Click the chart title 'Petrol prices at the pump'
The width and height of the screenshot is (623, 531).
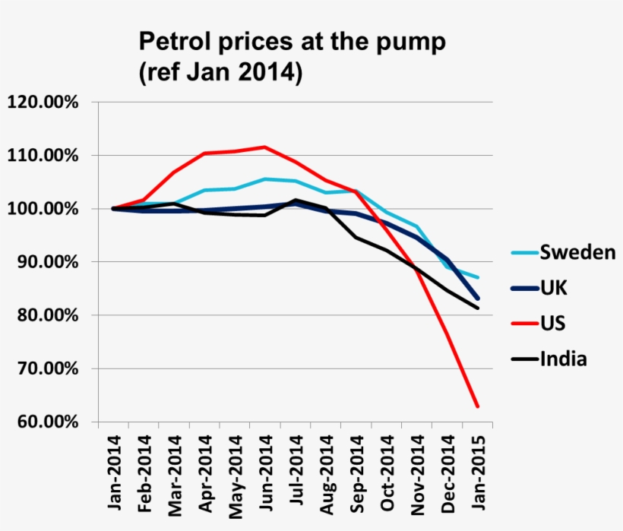coord(290,43)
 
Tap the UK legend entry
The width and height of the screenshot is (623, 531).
coord(553,289)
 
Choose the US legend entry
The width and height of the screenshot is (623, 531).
coord(552,324)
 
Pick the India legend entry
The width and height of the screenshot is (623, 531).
coord(562,359)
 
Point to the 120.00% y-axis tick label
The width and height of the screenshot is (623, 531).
coord(43,102)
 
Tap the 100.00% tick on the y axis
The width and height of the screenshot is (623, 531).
coord(43,209)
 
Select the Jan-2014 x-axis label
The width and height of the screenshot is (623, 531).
coord(114,471)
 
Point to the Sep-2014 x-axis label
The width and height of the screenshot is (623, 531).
coord(356,471)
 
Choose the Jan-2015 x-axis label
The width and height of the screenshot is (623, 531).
coord(478,471)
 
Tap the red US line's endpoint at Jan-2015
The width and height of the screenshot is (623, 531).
coord(477,406)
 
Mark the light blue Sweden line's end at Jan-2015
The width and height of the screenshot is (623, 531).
coord(477,277)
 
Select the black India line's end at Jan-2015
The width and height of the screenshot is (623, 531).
coord(477,308)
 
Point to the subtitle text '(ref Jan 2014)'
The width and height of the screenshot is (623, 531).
coord(220,74)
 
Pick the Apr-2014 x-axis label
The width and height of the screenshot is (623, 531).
coord(205,471)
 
